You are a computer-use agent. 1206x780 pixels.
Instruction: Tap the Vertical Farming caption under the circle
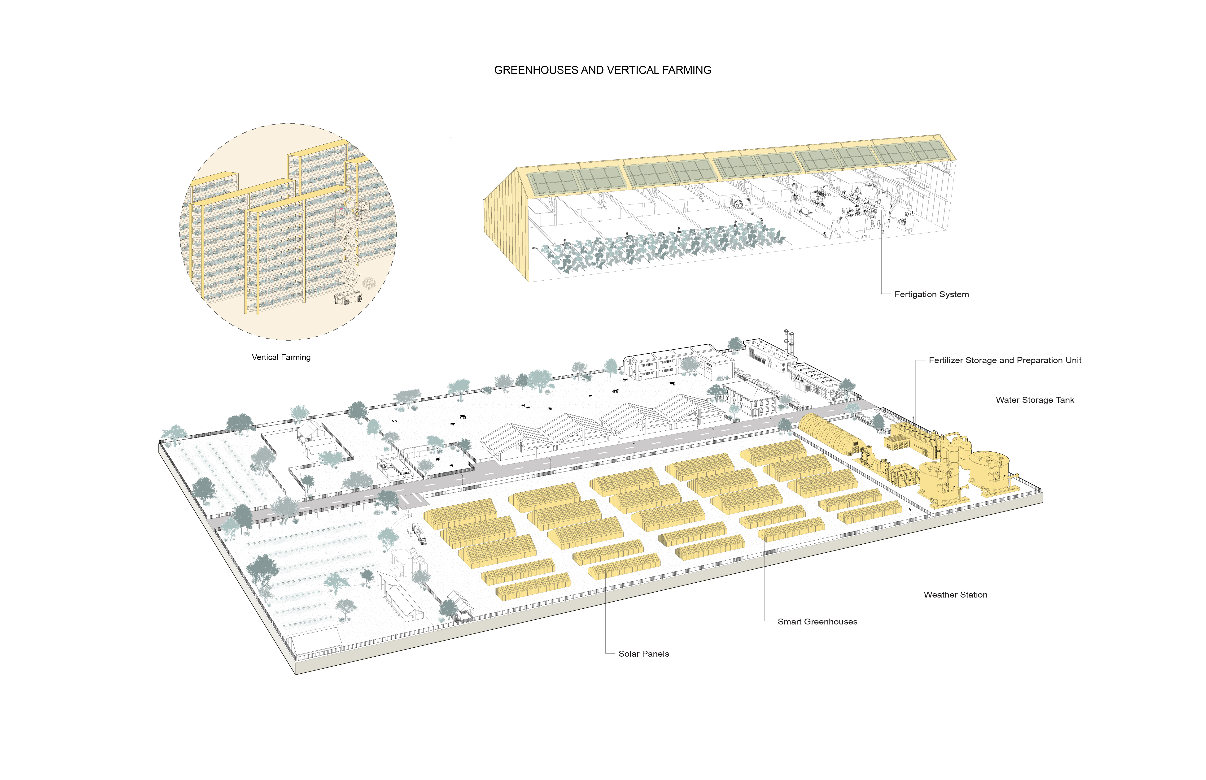coord(281,357)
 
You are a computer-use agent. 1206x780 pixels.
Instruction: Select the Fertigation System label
coord(931,294)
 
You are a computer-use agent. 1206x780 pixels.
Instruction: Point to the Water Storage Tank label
coord(1035,400)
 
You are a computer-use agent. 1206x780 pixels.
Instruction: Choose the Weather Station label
coord(955,595)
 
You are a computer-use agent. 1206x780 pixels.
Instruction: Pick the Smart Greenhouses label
coord(817,621)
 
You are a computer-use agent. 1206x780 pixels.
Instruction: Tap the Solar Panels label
coord(643,654)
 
